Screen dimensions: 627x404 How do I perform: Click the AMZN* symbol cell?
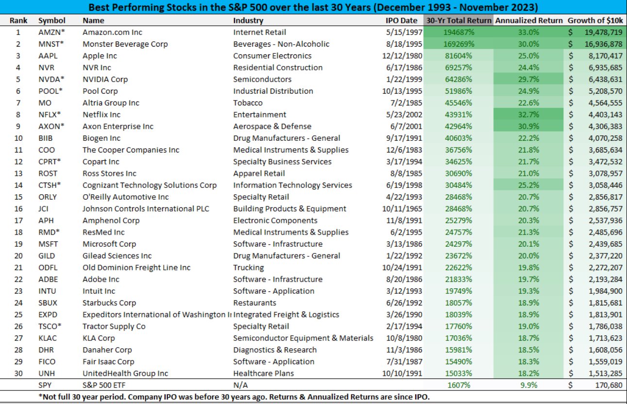coord(51,33)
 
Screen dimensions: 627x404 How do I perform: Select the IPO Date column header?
coord(401,20)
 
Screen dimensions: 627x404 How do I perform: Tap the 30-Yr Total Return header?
coord(458,20)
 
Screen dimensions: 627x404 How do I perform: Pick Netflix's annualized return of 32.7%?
coord(528,115)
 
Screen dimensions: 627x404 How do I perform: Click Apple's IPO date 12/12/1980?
coord(402,56)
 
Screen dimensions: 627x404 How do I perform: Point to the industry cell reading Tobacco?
coord(248,103)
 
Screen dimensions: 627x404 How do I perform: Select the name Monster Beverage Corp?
coord(125,44)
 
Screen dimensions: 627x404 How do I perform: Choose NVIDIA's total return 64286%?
coord(458,80)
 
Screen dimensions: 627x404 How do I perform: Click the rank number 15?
coord(18,197)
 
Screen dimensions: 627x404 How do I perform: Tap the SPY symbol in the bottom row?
coord(45,385)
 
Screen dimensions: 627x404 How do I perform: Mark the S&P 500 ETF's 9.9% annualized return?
coord(529,385)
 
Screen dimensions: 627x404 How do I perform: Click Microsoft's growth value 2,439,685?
coord(605,244)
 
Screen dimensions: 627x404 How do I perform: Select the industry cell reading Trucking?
coord(249,268)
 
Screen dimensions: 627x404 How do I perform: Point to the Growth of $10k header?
coord(595,20)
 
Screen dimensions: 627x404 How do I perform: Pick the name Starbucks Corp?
coord(109,303)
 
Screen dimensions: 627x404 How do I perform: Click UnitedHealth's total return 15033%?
coord(458,373)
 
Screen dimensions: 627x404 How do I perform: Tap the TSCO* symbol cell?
coord(50,326)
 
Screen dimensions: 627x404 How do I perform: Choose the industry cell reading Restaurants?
coord(254,303)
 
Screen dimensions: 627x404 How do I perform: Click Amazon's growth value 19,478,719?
coord(603,33)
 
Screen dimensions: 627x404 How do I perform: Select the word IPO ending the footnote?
coord(422,397)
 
